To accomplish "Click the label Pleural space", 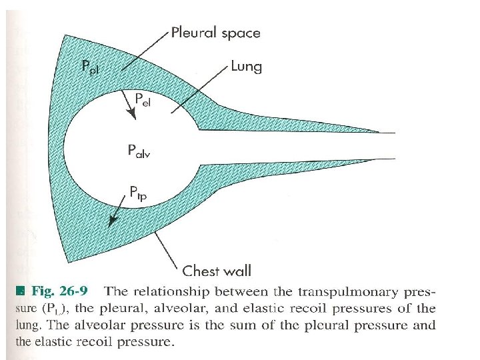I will (215, 32).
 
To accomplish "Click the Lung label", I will (246, 66).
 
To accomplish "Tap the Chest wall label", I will (217, 271).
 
